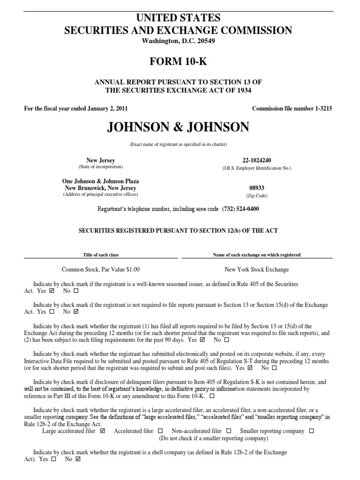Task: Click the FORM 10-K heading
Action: point(180,61)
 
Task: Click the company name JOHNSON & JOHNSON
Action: point(180,127)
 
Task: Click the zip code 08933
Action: point(257,188)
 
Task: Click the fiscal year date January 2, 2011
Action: point(104,109)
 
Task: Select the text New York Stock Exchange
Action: point(257,270)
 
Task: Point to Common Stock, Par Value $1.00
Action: point(101,270)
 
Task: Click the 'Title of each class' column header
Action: point(101,255)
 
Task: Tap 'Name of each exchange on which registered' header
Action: point(257,255)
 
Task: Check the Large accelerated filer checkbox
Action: point(103,431)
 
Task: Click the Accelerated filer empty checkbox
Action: point(160,431)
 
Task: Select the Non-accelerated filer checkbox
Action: point(229,431)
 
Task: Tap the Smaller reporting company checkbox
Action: point(312,431)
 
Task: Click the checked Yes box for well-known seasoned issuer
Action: point(52,291)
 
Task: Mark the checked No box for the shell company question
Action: point(78,459)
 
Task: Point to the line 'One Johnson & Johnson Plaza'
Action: point(101,181)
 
